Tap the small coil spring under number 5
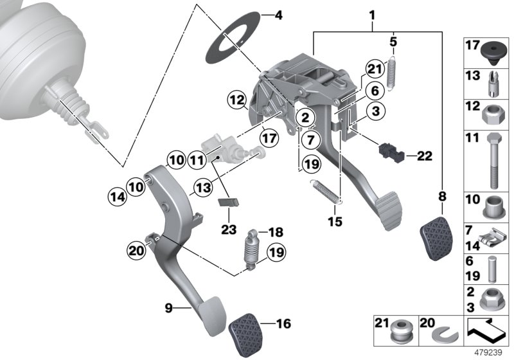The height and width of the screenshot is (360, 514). point(394,69)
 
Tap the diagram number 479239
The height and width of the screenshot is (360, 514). point(492,353)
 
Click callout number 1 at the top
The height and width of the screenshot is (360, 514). point(372,12)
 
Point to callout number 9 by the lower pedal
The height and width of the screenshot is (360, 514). point(169,309)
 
